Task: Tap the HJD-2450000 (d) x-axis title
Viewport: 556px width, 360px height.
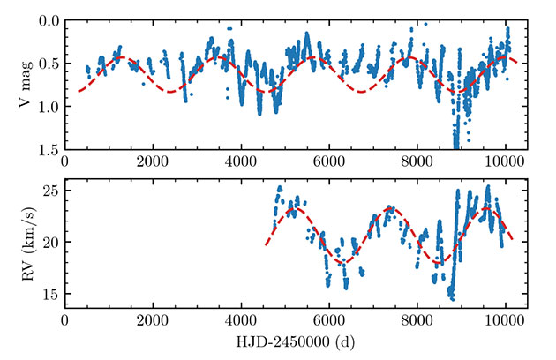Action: [297, 340]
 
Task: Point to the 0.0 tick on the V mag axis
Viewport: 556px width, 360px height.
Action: [45, 20]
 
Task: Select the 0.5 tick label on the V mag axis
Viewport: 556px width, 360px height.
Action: [45, 64]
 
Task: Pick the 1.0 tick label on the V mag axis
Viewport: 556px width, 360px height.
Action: [45, 107]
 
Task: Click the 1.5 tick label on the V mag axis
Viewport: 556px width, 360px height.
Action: [45, 150]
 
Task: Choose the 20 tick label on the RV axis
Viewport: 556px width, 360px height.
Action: [48, 242]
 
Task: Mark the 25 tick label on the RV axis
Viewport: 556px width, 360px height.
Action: [48, 191]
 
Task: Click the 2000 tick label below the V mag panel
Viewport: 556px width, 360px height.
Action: [153, 163]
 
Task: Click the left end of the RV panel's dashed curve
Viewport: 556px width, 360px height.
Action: [266, 244]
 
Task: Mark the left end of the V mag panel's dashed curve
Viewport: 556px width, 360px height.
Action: [78, 91]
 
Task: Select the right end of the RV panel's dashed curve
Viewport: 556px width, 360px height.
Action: [513, 240]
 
